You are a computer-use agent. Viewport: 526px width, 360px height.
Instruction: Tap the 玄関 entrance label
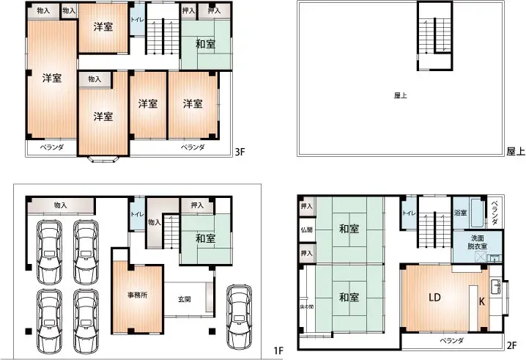pos(185,299)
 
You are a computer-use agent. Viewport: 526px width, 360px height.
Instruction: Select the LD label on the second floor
pos(434,297)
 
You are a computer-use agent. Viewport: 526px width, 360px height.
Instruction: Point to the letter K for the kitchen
pos(482,301)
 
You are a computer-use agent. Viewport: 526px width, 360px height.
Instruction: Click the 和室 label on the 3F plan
pos(205,45)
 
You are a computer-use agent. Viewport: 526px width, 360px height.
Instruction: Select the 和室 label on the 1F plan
pos(205,238)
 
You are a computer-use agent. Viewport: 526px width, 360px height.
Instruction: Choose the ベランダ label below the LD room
pos(452,341)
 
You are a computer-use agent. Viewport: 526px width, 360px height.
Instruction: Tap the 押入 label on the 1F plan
pos(197,206)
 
